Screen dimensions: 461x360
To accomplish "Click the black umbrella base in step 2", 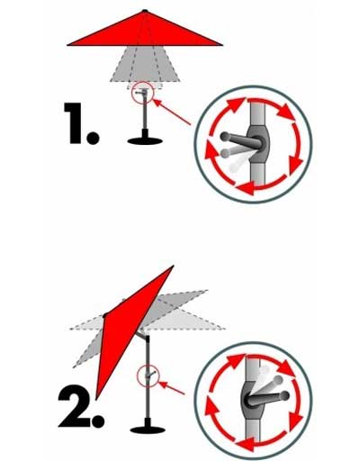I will tap(147, 429).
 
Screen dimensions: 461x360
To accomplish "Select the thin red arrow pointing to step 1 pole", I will tap(175, 113).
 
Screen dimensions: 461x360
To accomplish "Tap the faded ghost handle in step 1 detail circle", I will tap(231, 159).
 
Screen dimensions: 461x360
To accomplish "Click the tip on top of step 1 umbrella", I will tap(144, 11).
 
